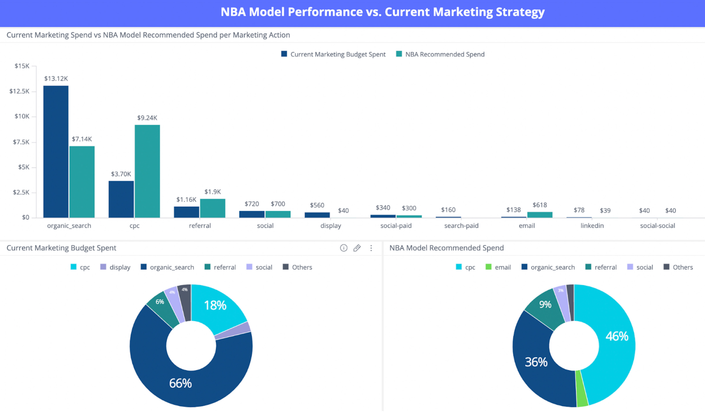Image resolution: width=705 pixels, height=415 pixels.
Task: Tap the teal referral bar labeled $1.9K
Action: click(212, 208)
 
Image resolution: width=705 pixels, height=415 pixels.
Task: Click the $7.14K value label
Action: click(82, 139)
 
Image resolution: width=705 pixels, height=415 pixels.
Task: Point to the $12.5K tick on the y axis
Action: click(19, 91)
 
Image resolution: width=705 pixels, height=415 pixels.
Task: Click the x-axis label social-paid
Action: click(396, 226)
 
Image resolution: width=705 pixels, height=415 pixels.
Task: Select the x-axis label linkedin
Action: click(592, 226)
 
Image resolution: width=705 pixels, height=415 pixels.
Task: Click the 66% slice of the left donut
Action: click(180, 383)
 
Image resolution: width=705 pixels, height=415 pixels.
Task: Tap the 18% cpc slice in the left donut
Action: click(215, 305)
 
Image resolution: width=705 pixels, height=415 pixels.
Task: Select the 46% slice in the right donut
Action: click(617, 336)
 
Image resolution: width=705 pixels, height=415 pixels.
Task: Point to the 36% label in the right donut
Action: click(536, 362)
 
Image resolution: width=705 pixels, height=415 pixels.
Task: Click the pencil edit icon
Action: click(357, 248)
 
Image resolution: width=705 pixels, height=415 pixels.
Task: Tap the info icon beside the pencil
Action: click(343, 248)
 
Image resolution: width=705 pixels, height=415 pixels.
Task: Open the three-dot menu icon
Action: click(371, 248)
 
